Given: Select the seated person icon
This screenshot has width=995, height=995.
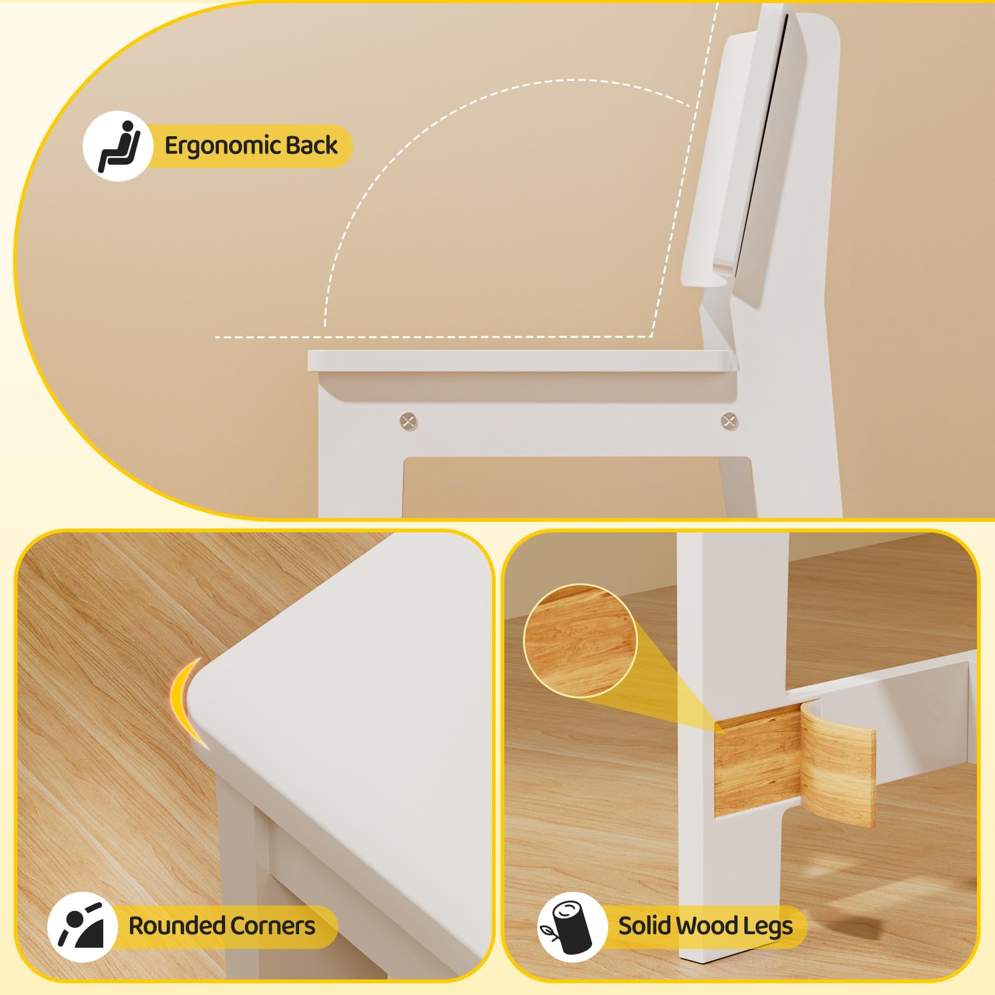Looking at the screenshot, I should click(x=118, y=147).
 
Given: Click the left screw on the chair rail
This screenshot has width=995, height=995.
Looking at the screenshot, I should click(x=409, y=421).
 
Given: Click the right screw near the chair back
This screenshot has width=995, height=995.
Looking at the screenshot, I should click(x=729, y=421).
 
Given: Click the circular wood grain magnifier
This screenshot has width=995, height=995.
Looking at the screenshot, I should click(x=580, y=641).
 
